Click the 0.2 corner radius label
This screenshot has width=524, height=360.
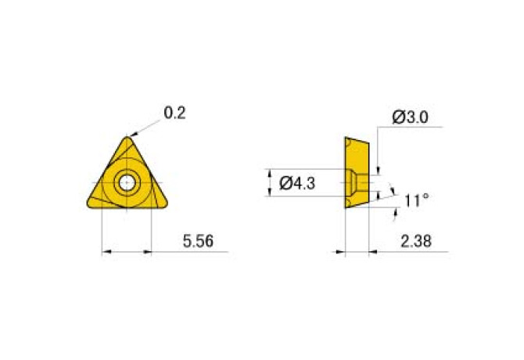(174, 113)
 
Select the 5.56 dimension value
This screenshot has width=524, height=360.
(198, 241)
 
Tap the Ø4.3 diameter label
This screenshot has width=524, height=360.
(297, 183)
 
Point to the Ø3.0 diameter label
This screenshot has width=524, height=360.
(410, 117)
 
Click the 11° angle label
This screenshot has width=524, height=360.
(416, 200)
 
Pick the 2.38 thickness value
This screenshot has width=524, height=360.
(416, 241)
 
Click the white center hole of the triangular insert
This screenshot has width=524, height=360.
(127, 183)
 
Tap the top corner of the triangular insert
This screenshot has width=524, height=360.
(127, 137)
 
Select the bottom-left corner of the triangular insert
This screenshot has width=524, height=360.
(88, 204)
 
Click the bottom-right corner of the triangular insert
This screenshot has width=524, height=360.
(166, 204)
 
